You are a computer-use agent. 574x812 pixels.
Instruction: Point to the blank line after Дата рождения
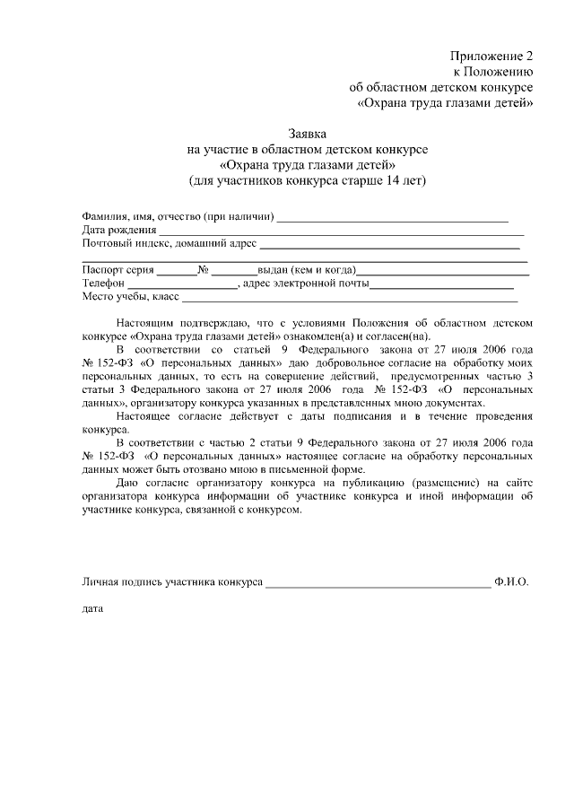tap(341, 232)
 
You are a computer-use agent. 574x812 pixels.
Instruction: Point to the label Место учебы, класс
tap(131, 297)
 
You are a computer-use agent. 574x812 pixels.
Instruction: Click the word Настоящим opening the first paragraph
tap(145, 322)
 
